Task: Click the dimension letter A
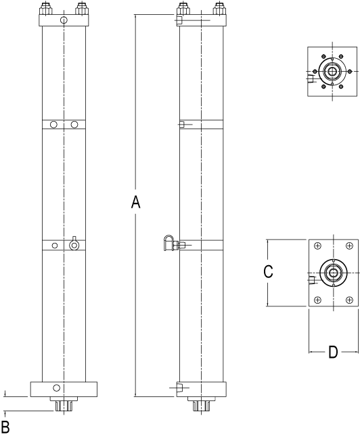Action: pos(135,202)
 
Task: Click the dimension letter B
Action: pos(5,427)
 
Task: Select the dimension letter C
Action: pos(269,271)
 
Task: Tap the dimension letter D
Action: pos(333,352)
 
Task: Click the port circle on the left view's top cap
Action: pos(64,20)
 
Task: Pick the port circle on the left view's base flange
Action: pos(57,388)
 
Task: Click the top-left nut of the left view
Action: pos(45,9)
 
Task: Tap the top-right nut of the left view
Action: pos(81,9)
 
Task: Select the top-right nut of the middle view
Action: pos(219,9)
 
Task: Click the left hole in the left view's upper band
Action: pos(53,124)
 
